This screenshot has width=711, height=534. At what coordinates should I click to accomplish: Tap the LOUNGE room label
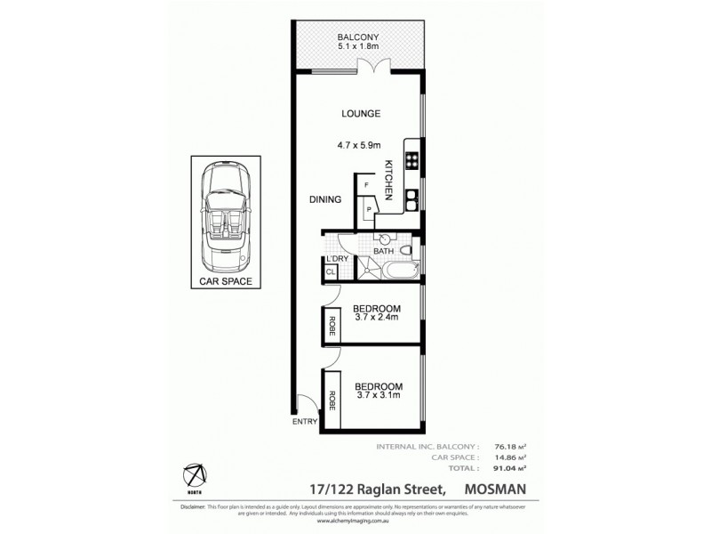[x=360, y=114]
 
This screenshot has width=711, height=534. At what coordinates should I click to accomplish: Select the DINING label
[x=324, y=200]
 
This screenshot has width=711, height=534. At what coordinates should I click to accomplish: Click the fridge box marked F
[x=366, y=185]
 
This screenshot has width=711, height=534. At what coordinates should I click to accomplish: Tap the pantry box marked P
[x=369, y=210]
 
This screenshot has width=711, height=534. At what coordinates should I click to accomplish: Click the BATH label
[x=383, y=252]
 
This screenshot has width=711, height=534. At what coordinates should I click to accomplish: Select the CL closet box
[x=331, y=271]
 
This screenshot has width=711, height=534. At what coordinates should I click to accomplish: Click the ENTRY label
[x=305, y=423]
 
